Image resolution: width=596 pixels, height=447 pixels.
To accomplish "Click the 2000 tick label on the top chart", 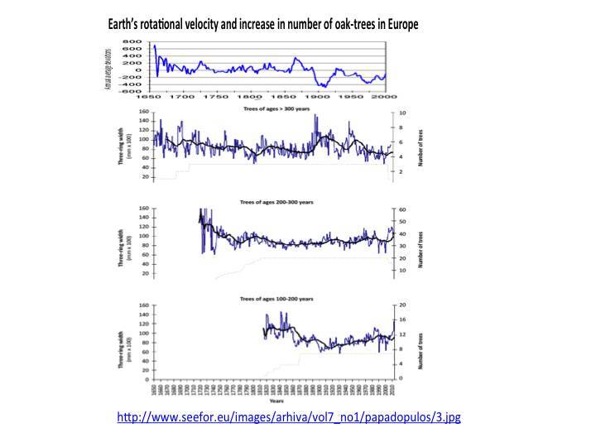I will [383, 97].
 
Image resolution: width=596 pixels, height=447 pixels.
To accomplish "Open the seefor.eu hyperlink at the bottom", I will [289, 418].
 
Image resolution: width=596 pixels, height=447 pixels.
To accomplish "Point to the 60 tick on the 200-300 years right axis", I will [403, 210].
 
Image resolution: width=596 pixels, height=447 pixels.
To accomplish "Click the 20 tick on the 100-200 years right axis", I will [403, 305].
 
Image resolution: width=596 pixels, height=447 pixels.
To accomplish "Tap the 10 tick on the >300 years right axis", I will [403, 113].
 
